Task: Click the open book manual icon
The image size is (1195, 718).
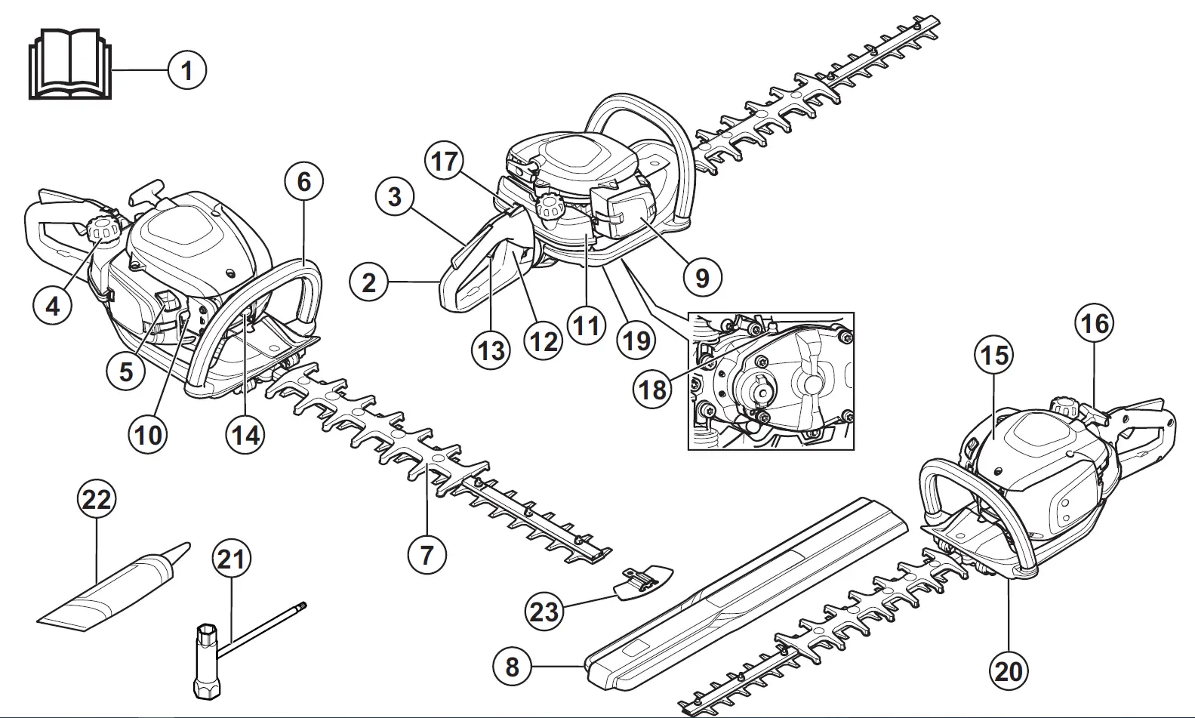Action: pos(69,65)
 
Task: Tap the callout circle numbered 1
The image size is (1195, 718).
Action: pos(186,71)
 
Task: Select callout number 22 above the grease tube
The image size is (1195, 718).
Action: pos(97,500)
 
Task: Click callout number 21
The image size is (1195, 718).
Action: pos(231,559)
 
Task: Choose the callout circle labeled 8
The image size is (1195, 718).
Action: pos(513,667)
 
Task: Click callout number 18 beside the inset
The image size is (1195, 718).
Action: pos(654,390)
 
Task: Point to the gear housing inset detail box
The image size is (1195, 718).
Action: pos(771,381)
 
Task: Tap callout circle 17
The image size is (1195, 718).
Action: pos(445,162)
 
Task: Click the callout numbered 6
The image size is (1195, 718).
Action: pos(303,182)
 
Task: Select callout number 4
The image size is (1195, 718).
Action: pos(53,307)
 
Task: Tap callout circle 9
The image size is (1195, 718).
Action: pos(702,278)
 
